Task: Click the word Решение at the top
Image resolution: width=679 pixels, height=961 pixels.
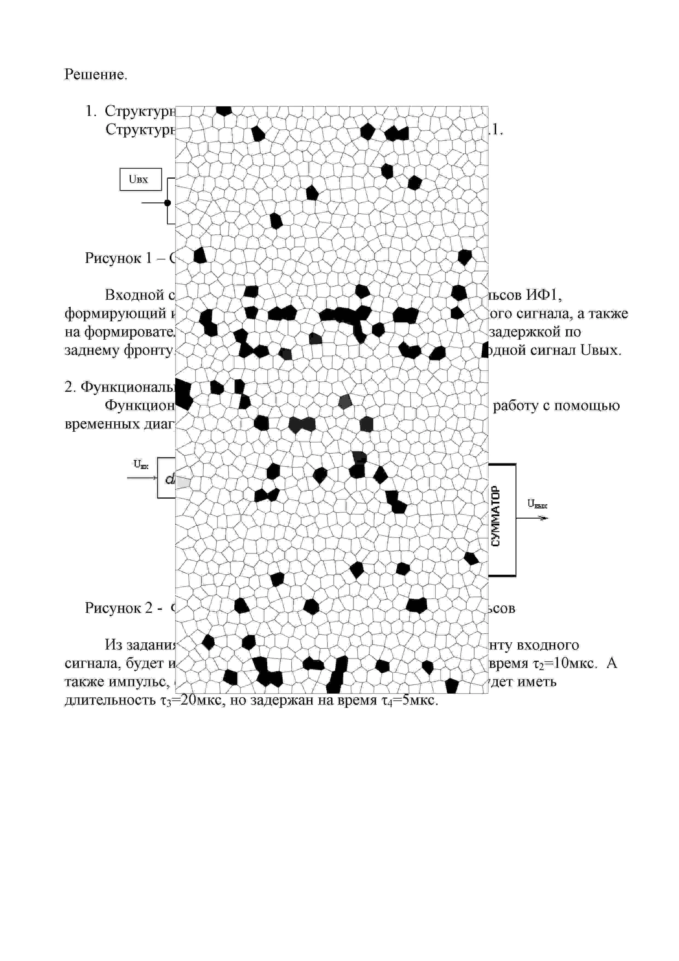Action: [x=95, y=75]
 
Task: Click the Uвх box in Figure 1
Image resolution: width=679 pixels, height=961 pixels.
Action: [x=140, y=179]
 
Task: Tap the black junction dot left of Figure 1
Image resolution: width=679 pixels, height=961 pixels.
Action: [x=167, y=203]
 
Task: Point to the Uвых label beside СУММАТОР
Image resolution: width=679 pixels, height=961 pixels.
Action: [x=537, y=504]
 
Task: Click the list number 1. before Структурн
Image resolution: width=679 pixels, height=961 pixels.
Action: [x=91, y=111]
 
